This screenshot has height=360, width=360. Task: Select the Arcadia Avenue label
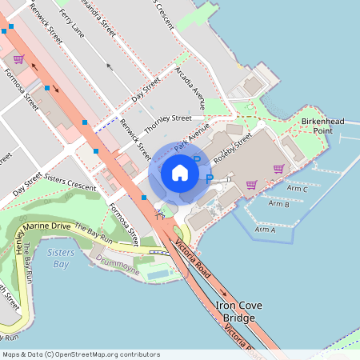(190, 88)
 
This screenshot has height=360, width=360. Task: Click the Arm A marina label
(264, 230)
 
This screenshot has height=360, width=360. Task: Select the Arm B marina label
(278, 204)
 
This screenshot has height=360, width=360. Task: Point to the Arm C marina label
(297, 189)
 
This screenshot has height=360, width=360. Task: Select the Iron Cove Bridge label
(236, 312)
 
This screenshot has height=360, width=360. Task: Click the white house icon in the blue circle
(179, 172)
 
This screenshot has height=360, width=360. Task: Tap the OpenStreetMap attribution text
(81, 354)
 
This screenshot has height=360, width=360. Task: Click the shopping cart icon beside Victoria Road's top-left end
(18, 59)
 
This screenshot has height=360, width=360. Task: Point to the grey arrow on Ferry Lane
(109, 67)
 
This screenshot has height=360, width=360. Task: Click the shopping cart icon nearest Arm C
(278, 168)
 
